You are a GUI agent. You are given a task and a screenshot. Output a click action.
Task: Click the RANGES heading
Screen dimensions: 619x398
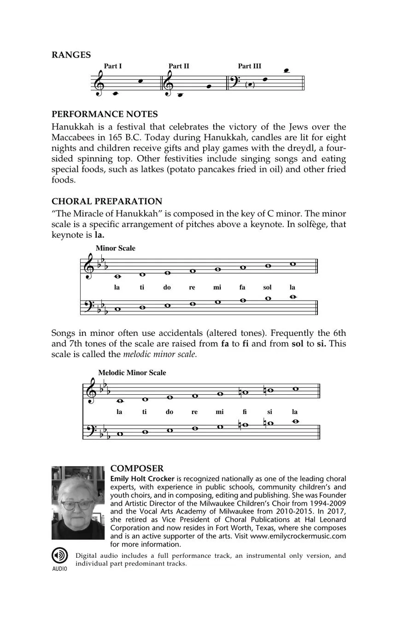tap(71, 55)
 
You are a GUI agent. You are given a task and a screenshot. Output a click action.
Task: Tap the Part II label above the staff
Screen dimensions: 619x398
tap(179, 66)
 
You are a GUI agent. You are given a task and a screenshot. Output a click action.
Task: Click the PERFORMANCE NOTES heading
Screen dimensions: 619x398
tap(105, 114)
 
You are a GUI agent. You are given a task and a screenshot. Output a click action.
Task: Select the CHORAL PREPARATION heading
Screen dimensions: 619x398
tap(107, 201)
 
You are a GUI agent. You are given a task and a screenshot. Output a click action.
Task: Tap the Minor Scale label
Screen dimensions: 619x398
tap(115, 248)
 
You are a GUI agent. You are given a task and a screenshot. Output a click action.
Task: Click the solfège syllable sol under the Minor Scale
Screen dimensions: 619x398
tap(267, 287)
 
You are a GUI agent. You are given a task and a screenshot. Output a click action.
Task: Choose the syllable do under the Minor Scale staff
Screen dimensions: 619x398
tap(167, 287)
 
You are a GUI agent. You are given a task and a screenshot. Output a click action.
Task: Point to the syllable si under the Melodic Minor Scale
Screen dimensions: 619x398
tap(270, 412)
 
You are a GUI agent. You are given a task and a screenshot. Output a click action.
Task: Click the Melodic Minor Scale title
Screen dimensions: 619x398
tap(132, 373)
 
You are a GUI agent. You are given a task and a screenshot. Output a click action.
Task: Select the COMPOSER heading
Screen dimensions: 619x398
tap(137, 468)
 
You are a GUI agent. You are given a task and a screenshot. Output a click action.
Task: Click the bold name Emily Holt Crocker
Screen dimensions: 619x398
tap(142, 479)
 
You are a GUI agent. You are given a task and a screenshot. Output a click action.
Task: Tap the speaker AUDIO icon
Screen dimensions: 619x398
tap(59, 556)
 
